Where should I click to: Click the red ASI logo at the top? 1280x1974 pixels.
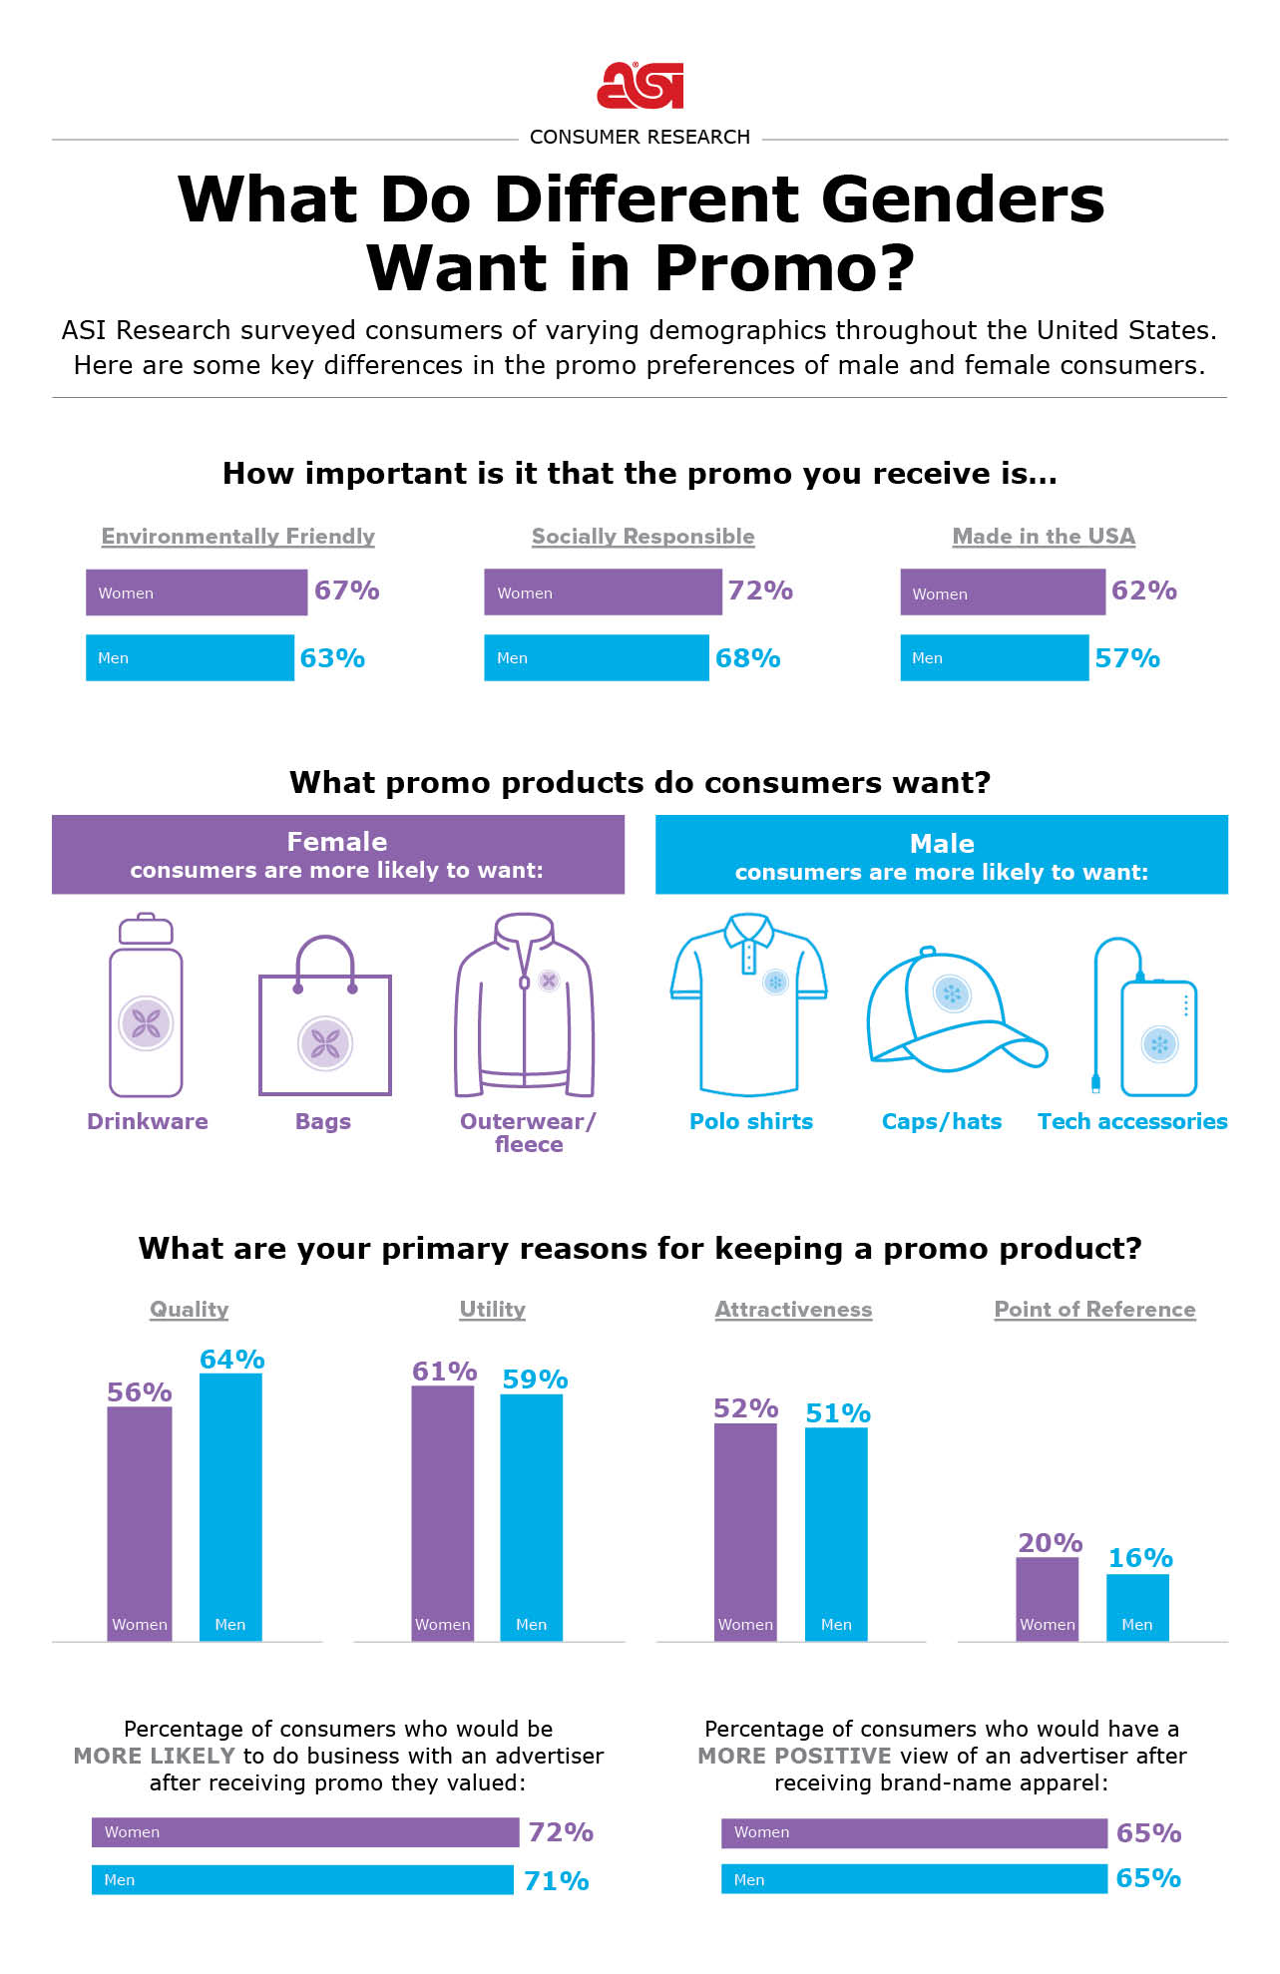640,86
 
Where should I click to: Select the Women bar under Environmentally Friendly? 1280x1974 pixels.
197,592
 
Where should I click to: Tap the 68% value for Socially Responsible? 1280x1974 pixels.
747,658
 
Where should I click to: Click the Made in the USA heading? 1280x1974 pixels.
1044,537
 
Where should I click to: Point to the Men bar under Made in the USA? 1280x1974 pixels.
994,658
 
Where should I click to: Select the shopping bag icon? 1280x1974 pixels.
324,1017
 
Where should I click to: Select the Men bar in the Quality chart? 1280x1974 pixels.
230,1506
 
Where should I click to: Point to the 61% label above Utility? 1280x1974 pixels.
444,1372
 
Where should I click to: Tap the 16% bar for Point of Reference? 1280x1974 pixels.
1137,1606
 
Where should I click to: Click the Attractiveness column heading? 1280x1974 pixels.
793,1310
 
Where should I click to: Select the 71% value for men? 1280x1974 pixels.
556,1881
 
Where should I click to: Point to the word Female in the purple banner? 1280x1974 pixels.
336,842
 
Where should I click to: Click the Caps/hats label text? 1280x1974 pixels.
941,1122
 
